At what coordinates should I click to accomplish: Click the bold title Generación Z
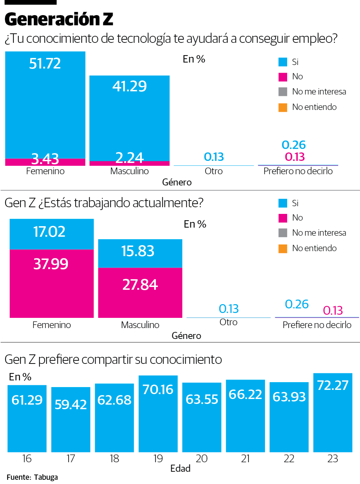tap(59, 19)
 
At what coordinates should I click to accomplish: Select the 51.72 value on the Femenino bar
tap(45, 64)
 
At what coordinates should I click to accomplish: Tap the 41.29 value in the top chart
tap(129, 86)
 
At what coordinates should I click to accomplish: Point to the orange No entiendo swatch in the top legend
tap(283, 107)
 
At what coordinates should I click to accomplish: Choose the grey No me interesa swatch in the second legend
tap(283, 233)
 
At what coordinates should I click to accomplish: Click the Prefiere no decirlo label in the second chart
tap(317, 325)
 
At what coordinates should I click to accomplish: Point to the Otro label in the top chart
tap(214, 171)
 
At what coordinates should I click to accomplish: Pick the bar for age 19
tap(158, 414)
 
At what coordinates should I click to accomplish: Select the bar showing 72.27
tap(333, 413)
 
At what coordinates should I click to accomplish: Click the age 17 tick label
tap(71, 459)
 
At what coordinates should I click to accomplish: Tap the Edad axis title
tap(180, 469)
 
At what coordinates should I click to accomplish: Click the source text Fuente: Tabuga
tap(32, 477)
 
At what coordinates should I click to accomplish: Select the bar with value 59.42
tap(71, 420)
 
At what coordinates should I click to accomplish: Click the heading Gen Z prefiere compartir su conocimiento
tap(113, 360)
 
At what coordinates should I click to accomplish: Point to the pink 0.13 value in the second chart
tap(333, 310)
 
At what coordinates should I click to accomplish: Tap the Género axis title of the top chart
tap(177, 182)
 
